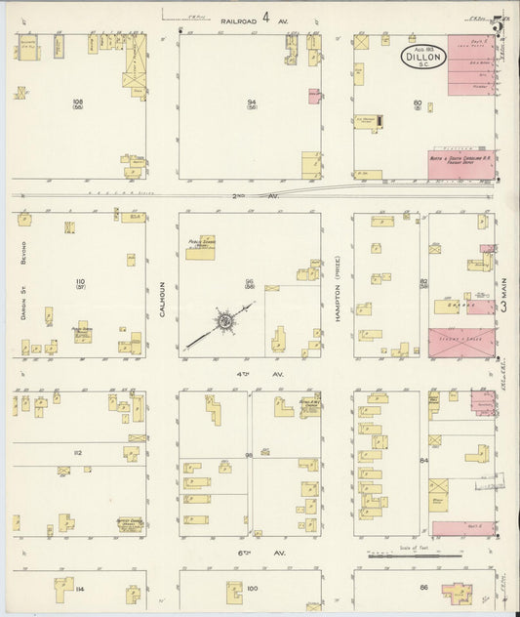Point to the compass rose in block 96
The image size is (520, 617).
click(224, 321)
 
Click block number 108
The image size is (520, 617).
click(78, 101)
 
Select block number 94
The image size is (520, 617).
click(250, 101)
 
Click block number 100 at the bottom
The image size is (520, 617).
click(252, 588)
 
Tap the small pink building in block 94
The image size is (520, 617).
click(314, 96)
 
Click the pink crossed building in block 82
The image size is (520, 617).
click(460, 345)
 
